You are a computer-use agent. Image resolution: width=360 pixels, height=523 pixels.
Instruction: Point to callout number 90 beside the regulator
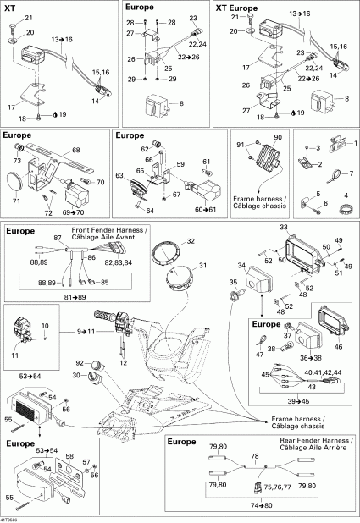(278, 137)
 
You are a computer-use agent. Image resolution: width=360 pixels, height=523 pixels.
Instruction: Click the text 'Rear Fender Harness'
(316, 441)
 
